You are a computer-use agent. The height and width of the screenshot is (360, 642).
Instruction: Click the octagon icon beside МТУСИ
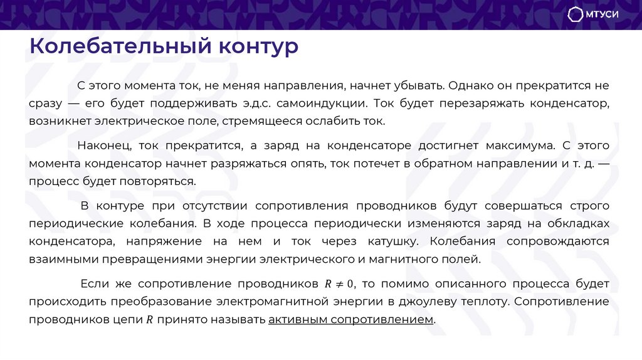(x=575, y=14)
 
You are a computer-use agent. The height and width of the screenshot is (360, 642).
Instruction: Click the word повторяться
(x=162, y=181)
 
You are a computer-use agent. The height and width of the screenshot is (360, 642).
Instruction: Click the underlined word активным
(x=297, y=319)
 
